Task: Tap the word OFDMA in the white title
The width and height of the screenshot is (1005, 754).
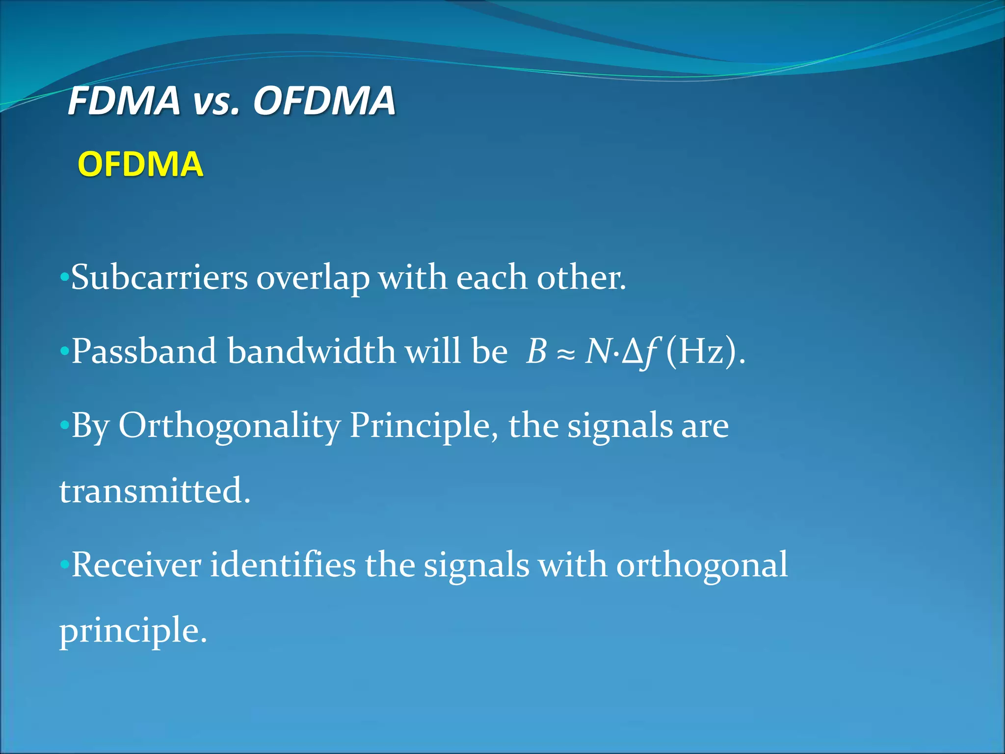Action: coord(324,101)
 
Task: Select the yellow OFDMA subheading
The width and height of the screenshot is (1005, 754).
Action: coord(140,164)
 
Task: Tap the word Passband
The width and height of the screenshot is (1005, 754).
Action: coord(144,351)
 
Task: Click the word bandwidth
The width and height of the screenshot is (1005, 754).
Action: coord(311,351)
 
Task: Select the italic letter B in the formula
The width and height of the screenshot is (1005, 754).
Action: coord(536,351)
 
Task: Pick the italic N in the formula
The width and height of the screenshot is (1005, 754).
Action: coord(598,351)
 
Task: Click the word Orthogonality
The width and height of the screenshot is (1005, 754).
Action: coord(229,426)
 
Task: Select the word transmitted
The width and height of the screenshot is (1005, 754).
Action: coord(155,490)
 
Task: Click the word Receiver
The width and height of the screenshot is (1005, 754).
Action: coord(136,565)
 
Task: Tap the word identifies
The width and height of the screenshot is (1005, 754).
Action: coord(282,565)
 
